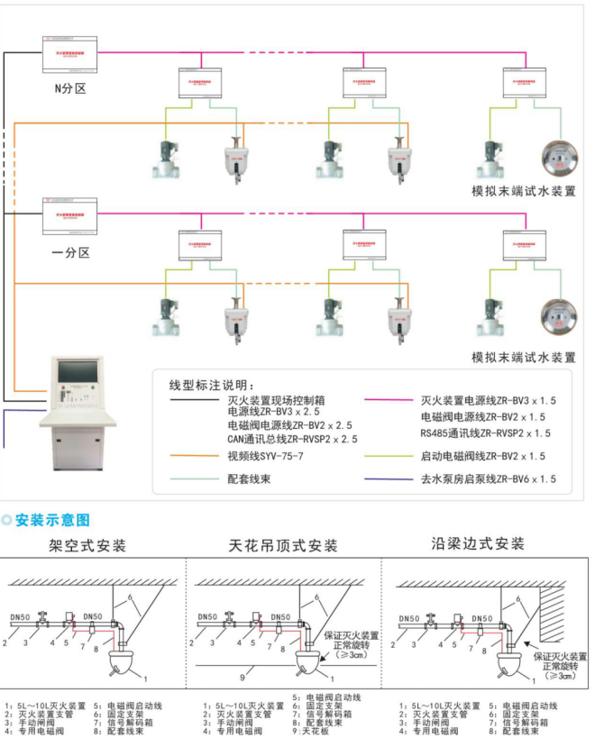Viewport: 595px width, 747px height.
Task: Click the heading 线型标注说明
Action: [x=211, y=385]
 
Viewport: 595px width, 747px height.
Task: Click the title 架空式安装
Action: [x=87, y=546]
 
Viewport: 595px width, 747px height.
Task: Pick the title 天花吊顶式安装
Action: [x=282, y=546]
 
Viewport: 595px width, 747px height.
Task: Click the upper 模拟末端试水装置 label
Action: [x=523, y=191]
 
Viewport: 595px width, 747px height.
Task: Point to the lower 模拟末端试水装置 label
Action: [x=523, y=357]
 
